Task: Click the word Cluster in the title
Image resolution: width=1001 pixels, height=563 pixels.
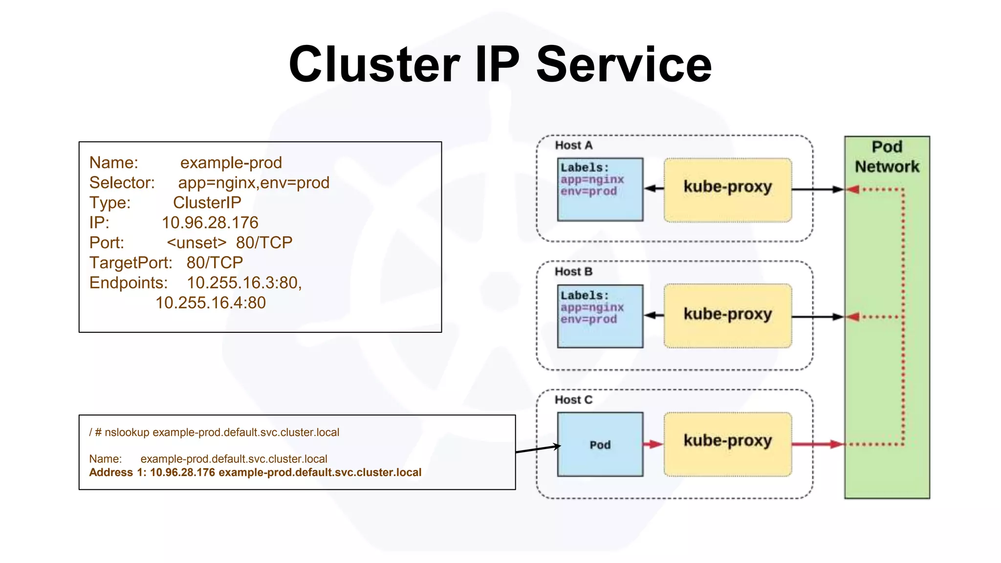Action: pyautogui.click(x=374, y=65)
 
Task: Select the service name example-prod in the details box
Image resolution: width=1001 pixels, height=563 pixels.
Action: pyautogui.click(x=231, y=163)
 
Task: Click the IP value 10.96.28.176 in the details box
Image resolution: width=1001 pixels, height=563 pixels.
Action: pyautogui.click(x=210, y=223)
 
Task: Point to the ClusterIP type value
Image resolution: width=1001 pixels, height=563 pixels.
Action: pyautogui.click(x=207, y=203)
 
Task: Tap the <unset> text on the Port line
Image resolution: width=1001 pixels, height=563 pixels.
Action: pyautogui.click(x=196, y=243)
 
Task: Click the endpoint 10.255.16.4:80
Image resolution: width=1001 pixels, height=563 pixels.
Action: pyautogui.click(x=210, y=303)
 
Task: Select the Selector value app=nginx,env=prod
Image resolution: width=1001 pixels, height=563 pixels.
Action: pyautogui.click(x=253, y=183)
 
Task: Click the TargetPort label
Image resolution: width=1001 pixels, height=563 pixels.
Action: pyautogui.click(x=131, y=263)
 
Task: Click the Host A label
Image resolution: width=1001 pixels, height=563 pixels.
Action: pyautogui.click(x=573, y=146)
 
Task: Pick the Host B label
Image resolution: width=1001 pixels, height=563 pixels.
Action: pyautogui.click(x=573, y=272)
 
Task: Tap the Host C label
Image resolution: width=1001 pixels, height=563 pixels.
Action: pyautogui.click(x=573, y=400)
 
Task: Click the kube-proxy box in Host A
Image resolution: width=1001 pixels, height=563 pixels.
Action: pyautogui.click(x=727, y=190)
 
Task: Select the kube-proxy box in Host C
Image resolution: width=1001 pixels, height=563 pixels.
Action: pyautogui.click(x=727, y=444)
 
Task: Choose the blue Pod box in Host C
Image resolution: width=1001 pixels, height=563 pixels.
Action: pyautogui.click(x=600, y=444)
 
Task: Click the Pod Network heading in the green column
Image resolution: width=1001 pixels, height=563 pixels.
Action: pyautogui.click(x=887, y=157)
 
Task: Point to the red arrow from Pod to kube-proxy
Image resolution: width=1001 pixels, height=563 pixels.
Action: pyautogui.click(x=653, y=444)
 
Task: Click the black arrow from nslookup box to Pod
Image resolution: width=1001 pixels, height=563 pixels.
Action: pyautogui.click(x=538, y=449)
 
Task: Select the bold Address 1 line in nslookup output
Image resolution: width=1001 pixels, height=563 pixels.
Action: pyautogui.click(x=255, y=473)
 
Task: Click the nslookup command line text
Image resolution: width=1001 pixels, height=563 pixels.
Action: pyautogui.click(x=214, y=433)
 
